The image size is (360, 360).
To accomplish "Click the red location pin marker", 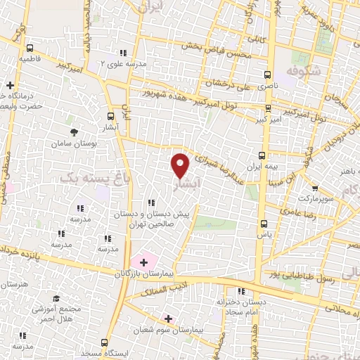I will [181, 165].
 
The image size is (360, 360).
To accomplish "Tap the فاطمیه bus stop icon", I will [30, 49].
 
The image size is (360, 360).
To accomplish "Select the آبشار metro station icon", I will [110, 117].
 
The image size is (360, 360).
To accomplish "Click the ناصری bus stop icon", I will [267, 74].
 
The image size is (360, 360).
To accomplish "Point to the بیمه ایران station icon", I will [262, 155].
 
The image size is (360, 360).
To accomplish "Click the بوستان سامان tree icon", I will [73, 131].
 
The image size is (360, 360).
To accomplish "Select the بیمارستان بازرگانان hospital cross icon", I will [143, 262].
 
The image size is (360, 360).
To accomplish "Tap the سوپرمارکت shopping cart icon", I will [315, 188].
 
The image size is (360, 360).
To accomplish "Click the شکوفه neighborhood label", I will [304, 70].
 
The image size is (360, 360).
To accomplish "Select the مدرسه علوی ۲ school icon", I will [124, 53].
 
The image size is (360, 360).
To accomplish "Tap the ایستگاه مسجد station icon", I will [104, 342].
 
